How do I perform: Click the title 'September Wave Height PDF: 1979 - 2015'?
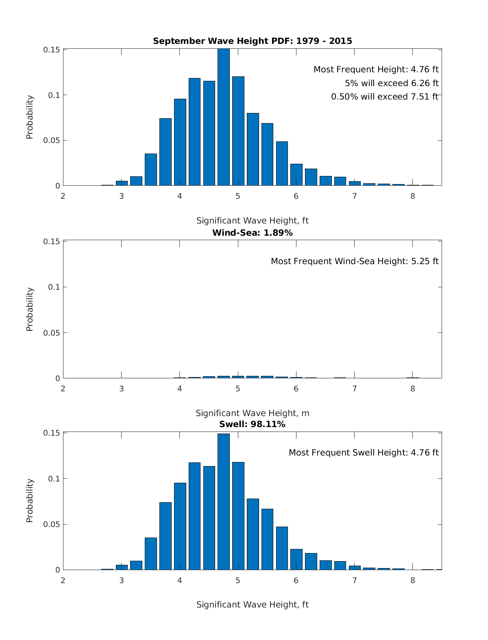tap(252, 41)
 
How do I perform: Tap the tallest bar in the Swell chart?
tap(223, 501)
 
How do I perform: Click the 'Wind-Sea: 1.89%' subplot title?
tap(252, 233)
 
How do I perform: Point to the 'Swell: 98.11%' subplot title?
tap(252, 424)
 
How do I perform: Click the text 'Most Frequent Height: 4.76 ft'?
tap(376, 69)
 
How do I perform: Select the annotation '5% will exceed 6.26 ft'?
tap(392, 83)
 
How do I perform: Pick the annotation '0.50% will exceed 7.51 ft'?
tap(384, 97)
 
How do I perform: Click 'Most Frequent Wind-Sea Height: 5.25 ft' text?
tap(355, 261)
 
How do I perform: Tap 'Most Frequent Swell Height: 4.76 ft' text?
tap(364, 453)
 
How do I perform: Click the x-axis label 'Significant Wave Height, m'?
tap(252, 413)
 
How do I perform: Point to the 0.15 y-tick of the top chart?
tap(52, 50)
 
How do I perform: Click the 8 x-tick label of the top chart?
tap(413, 195)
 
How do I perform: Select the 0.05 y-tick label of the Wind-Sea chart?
tap(52, 333)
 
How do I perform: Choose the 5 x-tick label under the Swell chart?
tap(238, 580)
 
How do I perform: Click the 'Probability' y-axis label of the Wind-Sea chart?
tap(30, 309)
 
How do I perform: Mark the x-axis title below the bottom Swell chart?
tap(252, 605)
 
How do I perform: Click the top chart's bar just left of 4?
tap(165, 152)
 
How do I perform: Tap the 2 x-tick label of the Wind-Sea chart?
tap(63, 388)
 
